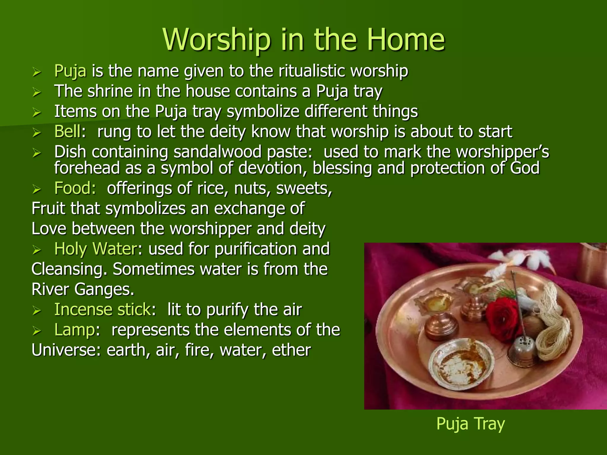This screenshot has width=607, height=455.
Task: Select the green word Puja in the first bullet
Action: [x=70, y=71]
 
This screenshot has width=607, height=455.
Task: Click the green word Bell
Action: [x=67, y=132]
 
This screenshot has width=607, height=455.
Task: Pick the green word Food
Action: [x=75, y=188]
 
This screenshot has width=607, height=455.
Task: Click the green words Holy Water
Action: [x=95, y=249]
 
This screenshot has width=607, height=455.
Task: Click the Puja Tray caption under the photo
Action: [x=470, y=424]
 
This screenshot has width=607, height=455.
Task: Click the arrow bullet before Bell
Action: [x=37, y=133]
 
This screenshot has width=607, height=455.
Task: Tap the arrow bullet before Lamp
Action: [x=37, y=331]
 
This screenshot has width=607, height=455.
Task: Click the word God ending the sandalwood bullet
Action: [x=525, y=168]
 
